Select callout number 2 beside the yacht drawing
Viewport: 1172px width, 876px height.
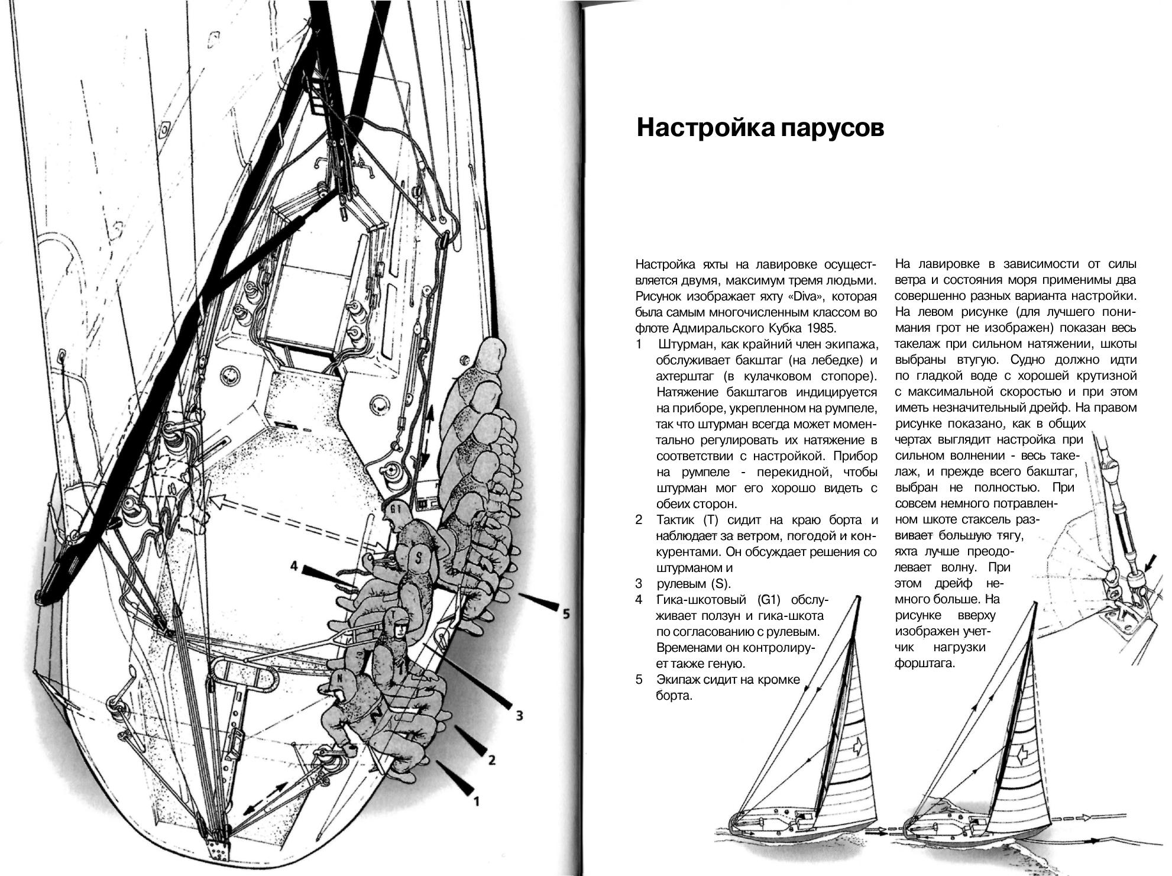[x=491, y=760]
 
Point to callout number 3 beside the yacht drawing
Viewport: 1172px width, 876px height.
[x=519, y=716]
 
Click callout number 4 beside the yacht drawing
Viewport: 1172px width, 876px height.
[x=294, y=566]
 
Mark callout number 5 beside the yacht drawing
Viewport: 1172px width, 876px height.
[x=566, y=614]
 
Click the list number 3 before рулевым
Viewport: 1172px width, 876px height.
[x=639, y=584]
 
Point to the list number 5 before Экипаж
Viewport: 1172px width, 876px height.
[x=639, y=680]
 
